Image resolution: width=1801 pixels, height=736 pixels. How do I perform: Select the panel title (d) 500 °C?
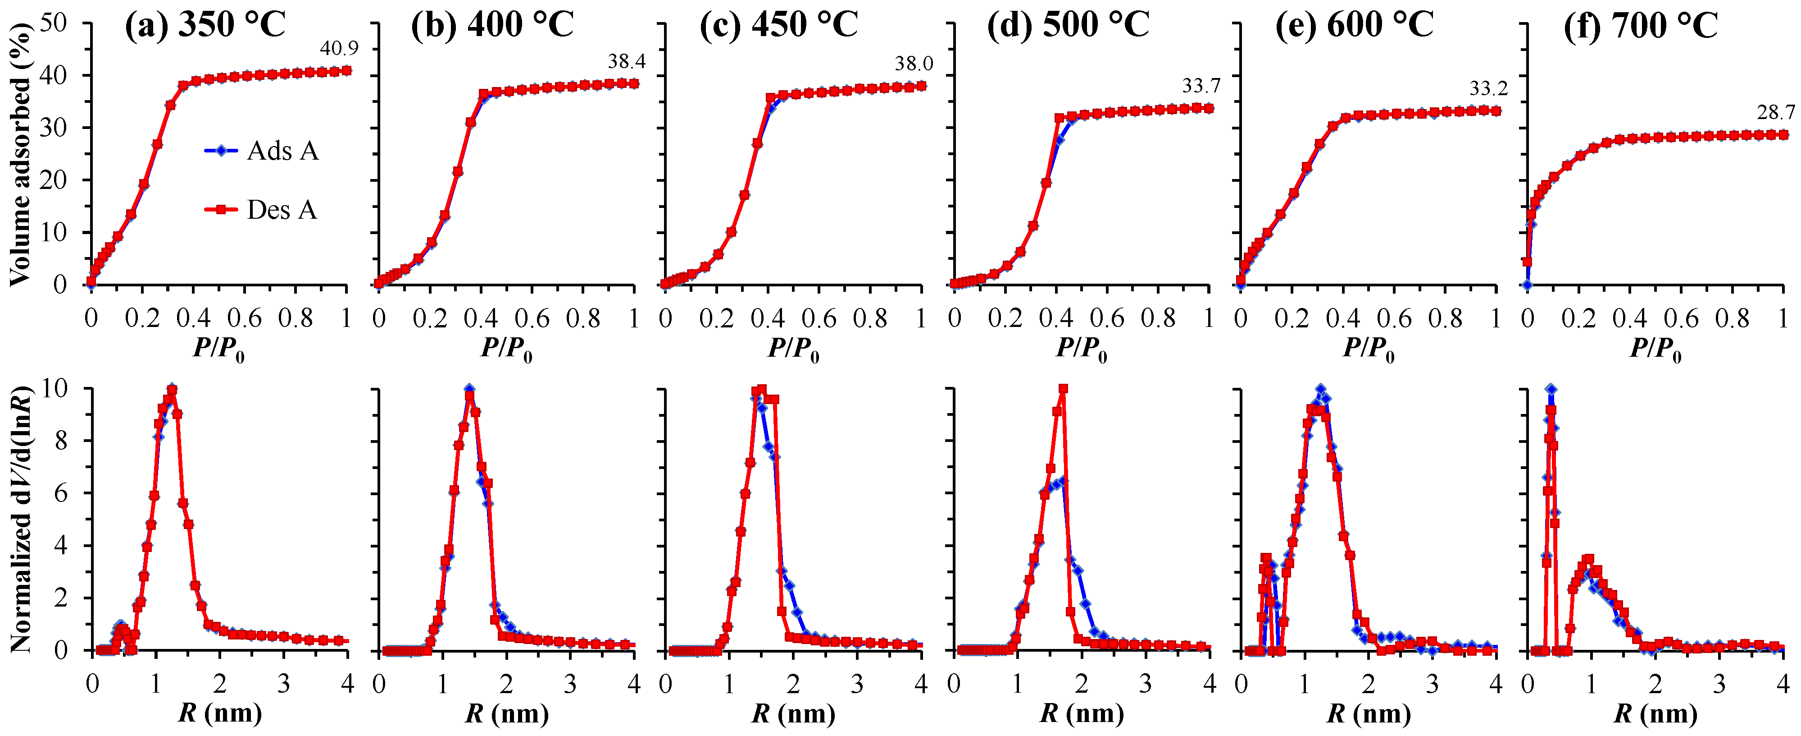1068,25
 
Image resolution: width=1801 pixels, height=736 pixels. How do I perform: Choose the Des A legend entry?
282,209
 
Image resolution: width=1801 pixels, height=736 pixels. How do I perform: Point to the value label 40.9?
339,48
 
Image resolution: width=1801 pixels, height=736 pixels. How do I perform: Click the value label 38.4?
627,62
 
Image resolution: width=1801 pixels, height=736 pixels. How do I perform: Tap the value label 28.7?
1776,112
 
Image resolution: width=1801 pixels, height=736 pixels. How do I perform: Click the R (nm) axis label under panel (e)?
1368,713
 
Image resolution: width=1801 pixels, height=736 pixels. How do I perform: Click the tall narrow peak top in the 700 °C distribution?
1551,389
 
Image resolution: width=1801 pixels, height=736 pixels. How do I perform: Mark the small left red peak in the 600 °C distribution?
1266,558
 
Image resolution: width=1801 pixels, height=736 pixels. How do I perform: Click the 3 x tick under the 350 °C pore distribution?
283,684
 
